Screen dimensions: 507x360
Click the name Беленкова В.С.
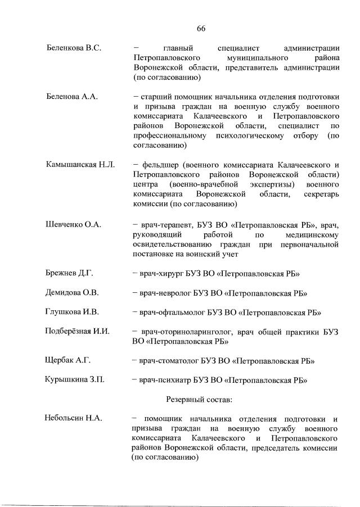click(73, 48)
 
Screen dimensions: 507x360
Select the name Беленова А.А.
click(72, 97)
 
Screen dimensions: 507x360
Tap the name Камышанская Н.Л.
click(80, 165)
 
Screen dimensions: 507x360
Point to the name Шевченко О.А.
click(73, 224)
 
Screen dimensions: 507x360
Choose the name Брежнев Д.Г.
click(69, 273)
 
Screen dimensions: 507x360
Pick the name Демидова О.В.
click(72, 293)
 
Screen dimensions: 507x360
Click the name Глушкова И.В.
click(72, 312)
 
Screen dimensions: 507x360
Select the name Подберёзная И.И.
click(77, 331)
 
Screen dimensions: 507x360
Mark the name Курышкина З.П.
click(75, 380)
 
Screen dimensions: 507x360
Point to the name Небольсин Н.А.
click(73, 418)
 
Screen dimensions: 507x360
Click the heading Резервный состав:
click(199, 399)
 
